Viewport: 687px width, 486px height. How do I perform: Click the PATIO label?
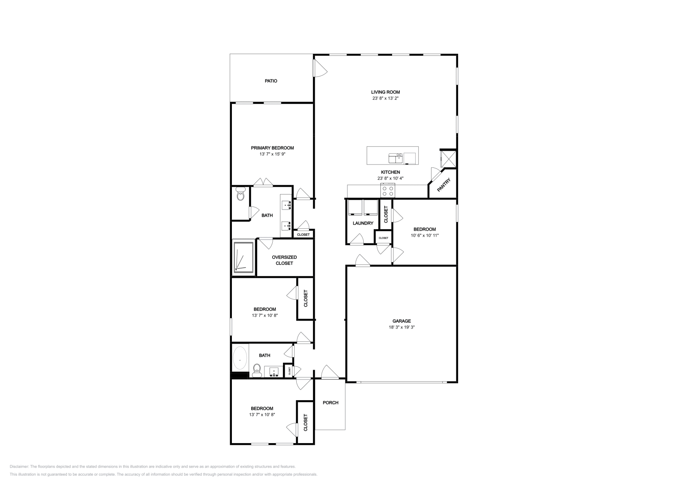pos(271,81)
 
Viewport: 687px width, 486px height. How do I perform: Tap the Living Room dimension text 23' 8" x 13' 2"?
pos(385,98)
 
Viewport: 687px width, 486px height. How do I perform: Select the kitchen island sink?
pos(395,158)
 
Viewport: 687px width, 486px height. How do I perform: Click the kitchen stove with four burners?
pos(388,191)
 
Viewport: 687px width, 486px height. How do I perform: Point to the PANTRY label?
pos(444,185)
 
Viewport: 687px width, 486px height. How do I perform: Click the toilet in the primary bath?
pos(240,194)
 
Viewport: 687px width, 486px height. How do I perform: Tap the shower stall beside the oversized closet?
pos(244,257)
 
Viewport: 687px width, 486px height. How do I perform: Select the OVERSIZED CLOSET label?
pos(284,260)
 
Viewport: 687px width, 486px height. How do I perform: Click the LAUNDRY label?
pos(363,223)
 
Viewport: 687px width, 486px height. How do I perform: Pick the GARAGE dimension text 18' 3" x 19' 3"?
pos(401,327)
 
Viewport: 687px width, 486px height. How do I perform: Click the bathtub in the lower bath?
pos(240,358)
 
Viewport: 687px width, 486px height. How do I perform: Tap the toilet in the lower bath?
pos(257,371)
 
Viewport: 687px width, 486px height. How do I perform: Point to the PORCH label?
pos(331,403)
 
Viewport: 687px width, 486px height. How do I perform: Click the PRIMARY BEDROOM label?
pos(272,148)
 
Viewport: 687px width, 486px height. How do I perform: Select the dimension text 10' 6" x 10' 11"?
pos(425,236)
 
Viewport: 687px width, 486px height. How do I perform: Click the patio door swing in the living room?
pos(320,68)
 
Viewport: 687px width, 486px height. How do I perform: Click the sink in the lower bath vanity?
pos(274,372)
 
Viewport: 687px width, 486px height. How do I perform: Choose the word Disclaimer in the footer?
pos(19,467)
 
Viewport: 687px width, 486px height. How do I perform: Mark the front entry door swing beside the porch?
pos(330,372)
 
